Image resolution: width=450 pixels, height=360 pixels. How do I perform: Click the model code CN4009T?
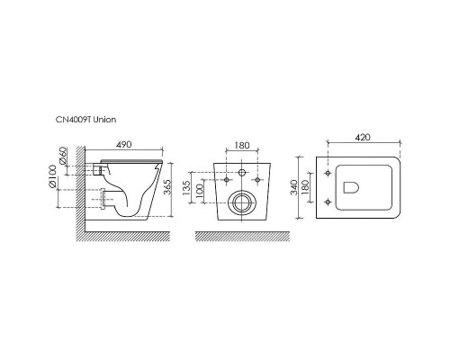coord(71,119)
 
